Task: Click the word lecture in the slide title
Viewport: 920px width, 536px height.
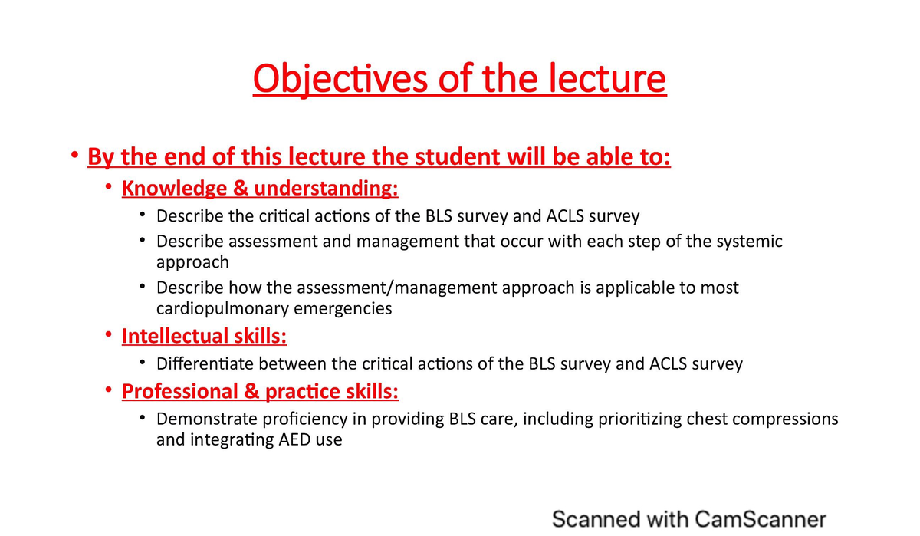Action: [611, 79]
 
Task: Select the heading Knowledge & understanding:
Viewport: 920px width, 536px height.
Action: [260, 189]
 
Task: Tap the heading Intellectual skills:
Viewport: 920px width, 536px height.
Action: [204, 336]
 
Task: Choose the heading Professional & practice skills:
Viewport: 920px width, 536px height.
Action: [260, 391]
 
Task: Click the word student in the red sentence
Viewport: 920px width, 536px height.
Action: [456, 158]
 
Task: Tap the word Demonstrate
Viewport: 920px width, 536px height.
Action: [204, 419]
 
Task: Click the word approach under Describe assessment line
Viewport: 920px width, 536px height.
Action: [192, 262]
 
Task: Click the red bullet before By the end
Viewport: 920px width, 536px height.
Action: [74, 156]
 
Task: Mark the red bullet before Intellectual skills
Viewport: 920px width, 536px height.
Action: [109, 335]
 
